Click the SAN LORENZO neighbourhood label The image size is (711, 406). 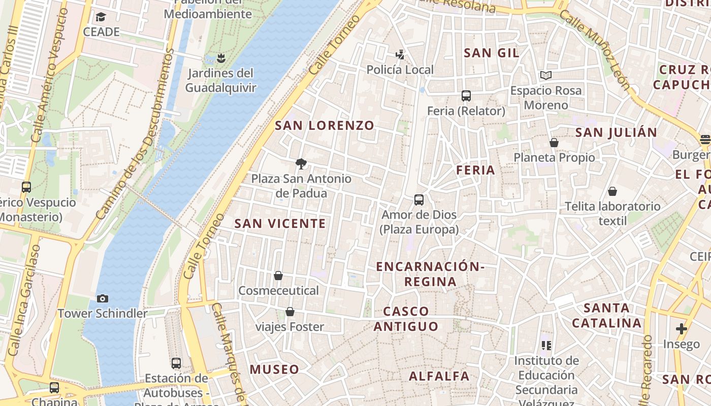(x=325, y=125)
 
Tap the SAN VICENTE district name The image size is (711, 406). (x=280, y=223)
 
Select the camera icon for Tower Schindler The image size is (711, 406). (x=102, y=298)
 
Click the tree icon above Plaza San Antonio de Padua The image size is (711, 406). (x=301, y=163)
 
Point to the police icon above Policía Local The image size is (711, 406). (x=400, y=54)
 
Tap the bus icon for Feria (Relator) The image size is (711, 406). (x=466, y=95)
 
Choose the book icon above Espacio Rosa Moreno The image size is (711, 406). (x=546, y=76)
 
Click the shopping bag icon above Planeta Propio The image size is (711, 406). (x=554, y=143)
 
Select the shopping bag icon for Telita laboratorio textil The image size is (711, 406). (x=612, y=191)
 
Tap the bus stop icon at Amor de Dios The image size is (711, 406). (x=419, y=200)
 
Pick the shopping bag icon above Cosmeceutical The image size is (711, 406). (x=278, y=276)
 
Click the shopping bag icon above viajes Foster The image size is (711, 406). (x=289, y=311)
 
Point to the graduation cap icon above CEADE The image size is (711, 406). (x=101, y=17)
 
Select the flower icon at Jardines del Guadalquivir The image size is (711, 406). (x=220, y=58)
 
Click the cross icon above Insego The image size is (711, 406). (x=681, y=329)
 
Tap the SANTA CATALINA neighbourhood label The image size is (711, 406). (x=607, y=315)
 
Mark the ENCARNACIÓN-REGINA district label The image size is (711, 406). (x=430, y=274)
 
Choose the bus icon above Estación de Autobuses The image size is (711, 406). (x=176, y=363)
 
